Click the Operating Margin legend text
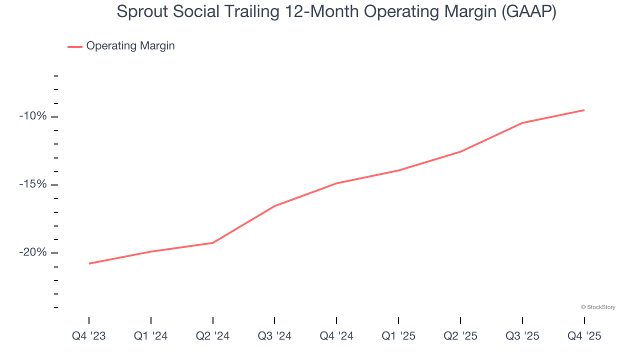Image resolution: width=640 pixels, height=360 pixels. (x=130, y=46)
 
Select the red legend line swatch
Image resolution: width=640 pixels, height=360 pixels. (x=75, y=46)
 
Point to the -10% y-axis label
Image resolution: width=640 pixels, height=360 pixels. (x=33, y=116)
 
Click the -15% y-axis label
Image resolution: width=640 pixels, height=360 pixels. (x=33, y=184)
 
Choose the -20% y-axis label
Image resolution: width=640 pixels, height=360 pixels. (x=33, y=252)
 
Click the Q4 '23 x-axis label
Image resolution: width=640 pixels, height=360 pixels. (x=89, y=336)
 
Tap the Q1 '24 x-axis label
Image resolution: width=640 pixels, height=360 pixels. (x=151, y=336)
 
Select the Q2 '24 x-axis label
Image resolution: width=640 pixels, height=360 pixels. (x=213, y=336)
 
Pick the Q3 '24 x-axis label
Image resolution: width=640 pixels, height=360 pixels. (x=274, y=336)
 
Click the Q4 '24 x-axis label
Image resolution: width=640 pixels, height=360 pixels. (x=336, y=336)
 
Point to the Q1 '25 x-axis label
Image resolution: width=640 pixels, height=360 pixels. (x=398, y=336)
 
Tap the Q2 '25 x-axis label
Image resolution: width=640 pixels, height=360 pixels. (x=460, y=336)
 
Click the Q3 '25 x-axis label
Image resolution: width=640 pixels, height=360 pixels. (x=522, y=336)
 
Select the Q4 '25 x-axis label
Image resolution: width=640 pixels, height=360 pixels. (x=584, y=336)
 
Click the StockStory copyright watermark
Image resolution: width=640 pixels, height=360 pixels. (x=598, y=307)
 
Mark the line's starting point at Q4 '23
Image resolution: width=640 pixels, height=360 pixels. (x=89, y=263)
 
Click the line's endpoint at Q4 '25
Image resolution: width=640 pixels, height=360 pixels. (x=584, y=110)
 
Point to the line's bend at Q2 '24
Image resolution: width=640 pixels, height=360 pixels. (x=213, y=243)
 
